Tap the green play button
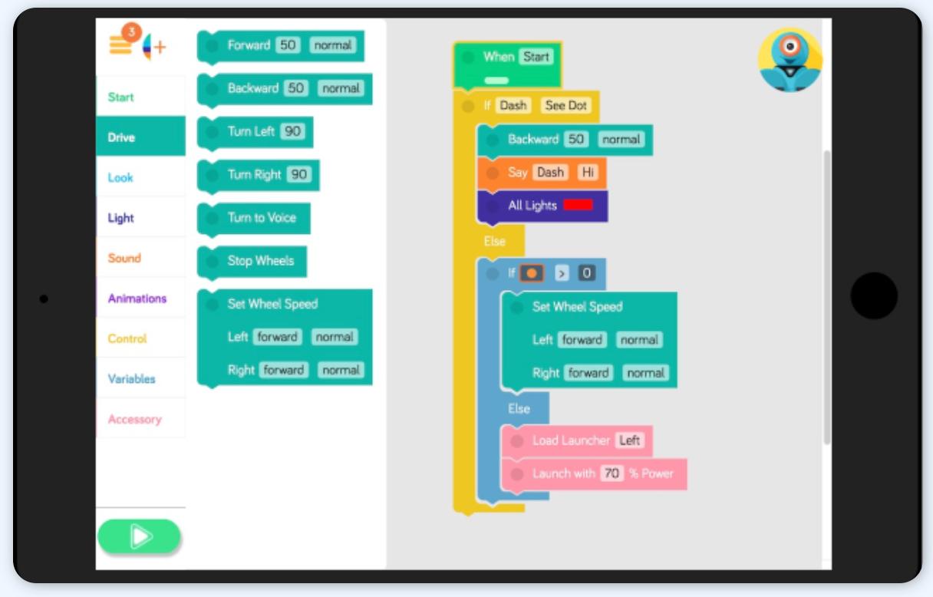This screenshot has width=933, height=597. tap(139, 536)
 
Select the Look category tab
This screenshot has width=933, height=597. tap(120, 177)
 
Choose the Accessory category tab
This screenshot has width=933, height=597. tap(134, 419)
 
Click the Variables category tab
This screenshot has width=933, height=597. tap(131, 379)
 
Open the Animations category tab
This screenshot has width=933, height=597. tap(137, 298)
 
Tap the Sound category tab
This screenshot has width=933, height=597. tap(124, 258)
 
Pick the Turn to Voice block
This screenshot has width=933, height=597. tap(261, 218)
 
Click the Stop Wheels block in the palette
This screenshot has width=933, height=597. tap(260, 261)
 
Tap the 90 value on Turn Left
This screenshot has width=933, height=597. tap(292, 131)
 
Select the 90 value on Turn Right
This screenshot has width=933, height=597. tap(299, 174)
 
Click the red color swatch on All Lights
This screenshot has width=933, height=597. tap(578, 205)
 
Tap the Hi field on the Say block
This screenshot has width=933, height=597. tap(588, 172)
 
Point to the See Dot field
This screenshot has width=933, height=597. tap(565, 105)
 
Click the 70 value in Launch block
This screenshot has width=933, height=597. tap(612, 473)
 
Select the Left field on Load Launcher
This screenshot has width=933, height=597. tap(629, 440)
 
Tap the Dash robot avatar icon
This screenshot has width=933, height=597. tap(790, 61)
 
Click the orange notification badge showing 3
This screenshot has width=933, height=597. tap(132, 32)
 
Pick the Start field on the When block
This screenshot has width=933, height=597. tap(536, 56)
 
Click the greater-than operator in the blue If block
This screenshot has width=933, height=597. tap(562, 272)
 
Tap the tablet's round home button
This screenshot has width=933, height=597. tap(874, 295)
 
